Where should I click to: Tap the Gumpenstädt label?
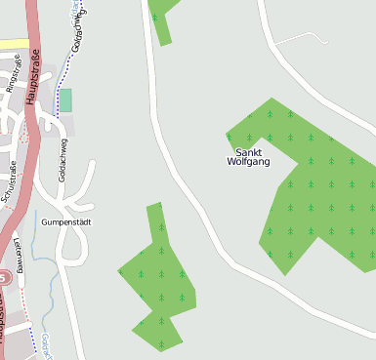coord(65,222)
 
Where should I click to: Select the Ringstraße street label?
coord(14,74)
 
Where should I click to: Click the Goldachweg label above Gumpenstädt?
coord(63,162)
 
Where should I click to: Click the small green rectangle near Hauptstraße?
coord(65,100)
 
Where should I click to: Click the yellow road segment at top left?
coord(13,44)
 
